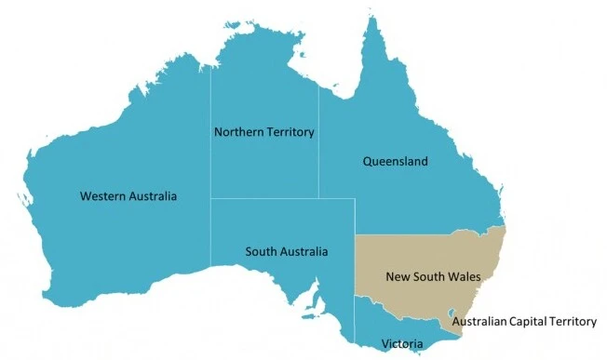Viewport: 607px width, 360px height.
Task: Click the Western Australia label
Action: pos(128,196)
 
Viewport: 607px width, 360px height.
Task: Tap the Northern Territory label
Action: pos(264,133)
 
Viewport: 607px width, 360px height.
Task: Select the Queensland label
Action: pos(395,162)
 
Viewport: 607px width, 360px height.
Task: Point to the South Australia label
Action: pos(286,251)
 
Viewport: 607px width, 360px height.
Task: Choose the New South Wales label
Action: pos(425,276)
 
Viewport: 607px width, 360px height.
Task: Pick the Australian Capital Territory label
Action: pos(523,322)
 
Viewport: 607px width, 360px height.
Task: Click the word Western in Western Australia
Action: pos(102,196)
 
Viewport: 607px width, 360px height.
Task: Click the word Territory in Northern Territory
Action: pos(290,133)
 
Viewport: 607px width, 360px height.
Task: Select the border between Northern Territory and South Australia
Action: pos(279,198)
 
